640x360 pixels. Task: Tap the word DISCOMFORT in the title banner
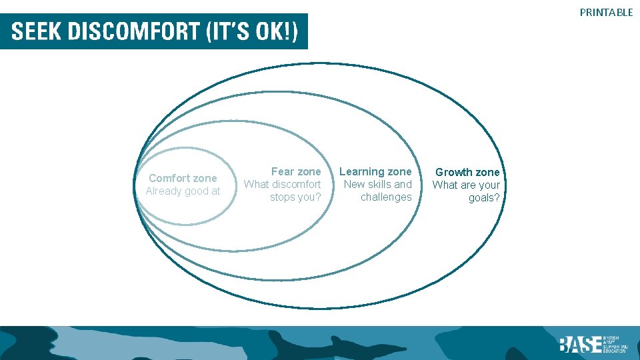[133, 31]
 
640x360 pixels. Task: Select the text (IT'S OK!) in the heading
[253, 31]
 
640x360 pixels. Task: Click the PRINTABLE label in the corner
[606, 12]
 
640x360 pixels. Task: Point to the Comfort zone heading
[183, 178]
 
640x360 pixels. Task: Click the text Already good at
[183, 191]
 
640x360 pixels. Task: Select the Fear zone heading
[295, 172]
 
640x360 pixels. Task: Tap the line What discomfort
[282, 184]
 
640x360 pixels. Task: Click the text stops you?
[295, 197]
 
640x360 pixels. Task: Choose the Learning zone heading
[376, 172]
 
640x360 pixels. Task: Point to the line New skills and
[378, 184]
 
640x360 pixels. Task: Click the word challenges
[386, 197]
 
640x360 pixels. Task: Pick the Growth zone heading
[467, 173]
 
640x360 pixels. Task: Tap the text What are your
[466, 185]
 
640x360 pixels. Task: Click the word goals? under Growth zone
[484, 198]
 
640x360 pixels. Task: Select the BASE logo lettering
[579, 344]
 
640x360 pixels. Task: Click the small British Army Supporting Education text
[613, 344]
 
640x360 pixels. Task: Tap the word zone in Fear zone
[308, 172]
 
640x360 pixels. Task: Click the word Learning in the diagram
[362, 172]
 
